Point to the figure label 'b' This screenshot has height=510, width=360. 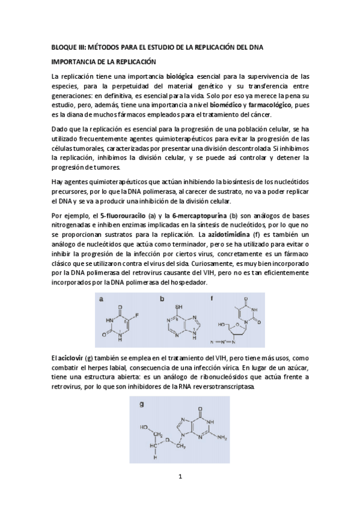click(x=162, y=298)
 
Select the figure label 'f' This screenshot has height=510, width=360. click(x=212, y=298)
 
